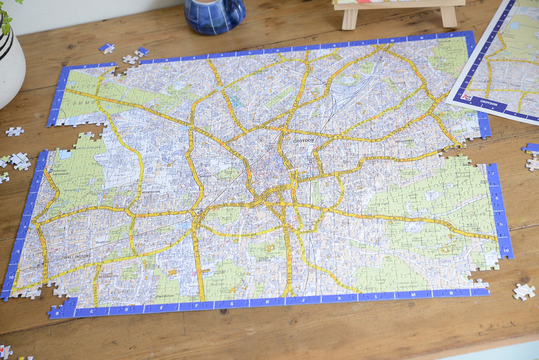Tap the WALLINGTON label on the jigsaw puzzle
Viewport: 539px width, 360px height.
(76, 256)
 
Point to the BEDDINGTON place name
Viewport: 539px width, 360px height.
(151, 192)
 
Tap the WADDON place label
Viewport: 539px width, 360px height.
(206, 176)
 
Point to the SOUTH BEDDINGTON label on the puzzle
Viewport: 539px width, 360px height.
(109, 275)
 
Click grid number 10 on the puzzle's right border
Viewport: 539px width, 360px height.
(505, 251)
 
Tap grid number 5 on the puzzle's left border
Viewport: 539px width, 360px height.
(44, 160)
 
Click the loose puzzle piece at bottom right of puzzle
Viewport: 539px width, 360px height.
(524, 291)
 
